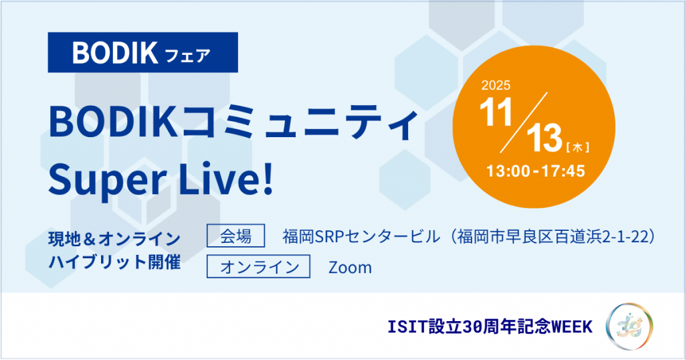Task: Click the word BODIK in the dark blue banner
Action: click(x=115, y=53)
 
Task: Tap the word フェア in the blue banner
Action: click(x=188, y=56)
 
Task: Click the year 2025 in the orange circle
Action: click(x=496, y=85)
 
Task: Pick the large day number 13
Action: click(x=545, y=138)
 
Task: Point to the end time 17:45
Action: click(x=563, y=171)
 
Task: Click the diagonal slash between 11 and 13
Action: click(x=524, y=122)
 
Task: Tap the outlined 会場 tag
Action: click(x=236, y=236)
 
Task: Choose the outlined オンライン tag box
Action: click(x=259, y=266)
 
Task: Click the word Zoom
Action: click(x=351, y=268)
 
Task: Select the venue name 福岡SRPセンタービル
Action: click(x=361, y=236)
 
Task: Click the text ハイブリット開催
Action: click(x=114, y=262)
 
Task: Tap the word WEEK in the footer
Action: click(x=573, y=327)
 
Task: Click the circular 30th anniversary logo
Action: click(x=629, y=327)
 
